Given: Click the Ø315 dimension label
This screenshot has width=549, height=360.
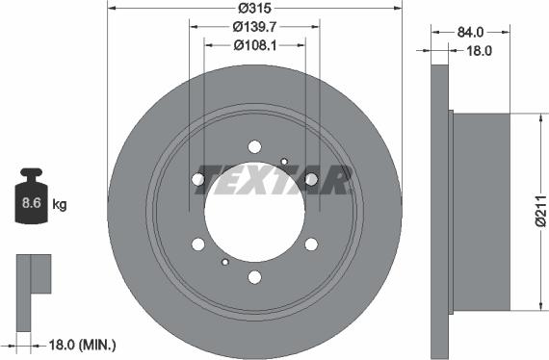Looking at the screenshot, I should pyautogui.click(x=254, y=8).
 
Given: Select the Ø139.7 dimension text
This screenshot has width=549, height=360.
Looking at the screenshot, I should pyautogui.click(x=254, y=27).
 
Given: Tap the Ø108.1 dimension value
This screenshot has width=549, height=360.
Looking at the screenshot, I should pyautogui.click(x=254, y=44).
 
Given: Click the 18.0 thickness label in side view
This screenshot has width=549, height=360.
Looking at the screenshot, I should pyautogui.click(x=475, y=54).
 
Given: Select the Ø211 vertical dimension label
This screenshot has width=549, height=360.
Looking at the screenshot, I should pyautogui.click(x=540, y=212).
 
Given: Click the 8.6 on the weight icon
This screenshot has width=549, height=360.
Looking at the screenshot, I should pyautogui.click(x=29, y=204).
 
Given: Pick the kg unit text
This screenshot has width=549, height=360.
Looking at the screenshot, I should pyautogui.click(x=59, y=204).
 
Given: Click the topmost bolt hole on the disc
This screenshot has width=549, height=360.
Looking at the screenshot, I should pyautogui.click(x=254, y=146).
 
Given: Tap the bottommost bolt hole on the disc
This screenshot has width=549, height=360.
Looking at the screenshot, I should pyautogui.click(x=254, y=277).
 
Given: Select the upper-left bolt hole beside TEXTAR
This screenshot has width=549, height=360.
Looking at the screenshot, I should pyautogui.click(x=198, y=179).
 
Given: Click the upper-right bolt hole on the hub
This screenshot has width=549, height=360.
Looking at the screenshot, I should pyautogui.click(x=311, y=179).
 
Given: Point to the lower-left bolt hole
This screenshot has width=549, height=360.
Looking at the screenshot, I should pyautogui.click(x=198, y=244).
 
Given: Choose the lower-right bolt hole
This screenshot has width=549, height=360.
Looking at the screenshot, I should pyautogui.click(x=311, y=244).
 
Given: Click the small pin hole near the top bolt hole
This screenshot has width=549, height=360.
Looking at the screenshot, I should pyautogui.click(x=283, y=161).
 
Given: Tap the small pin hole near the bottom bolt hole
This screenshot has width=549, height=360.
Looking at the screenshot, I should pyautogui.click(x=225, y=262).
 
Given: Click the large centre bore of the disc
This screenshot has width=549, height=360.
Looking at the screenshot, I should pyautogui.click(x=254, y=212).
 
